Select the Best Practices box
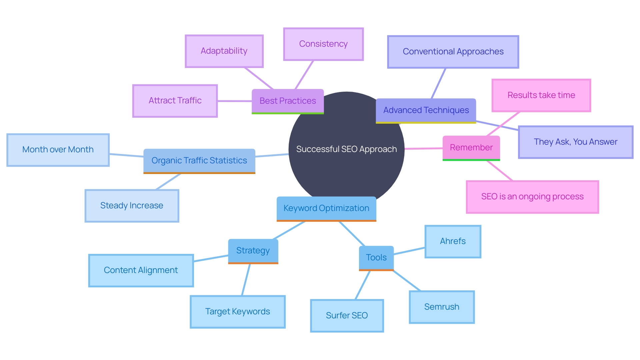(x=287, y=101)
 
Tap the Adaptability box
(x=224, y=51)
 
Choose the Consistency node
(x=323, y=44)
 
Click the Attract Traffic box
(x=175, y=101)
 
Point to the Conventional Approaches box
(x=453, y=52)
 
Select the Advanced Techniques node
(x=426, y=110)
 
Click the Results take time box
(x=541, y=95)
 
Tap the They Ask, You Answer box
(x=575, y=142)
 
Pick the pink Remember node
(x=471, y=148)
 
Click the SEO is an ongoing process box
(x=532, y=197)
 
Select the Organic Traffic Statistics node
(x=199, y=161)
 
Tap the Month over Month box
(x=58, y=150)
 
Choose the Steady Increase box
(x=132, y=206)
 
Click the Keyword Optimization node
(x=326, y=208)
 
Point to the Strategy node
(x=253, y=251)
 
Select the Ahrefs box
(x=452, y=241)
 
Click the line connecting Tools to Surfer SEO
(x=363, y=285)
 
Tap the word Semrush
(x=441, y=307)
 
